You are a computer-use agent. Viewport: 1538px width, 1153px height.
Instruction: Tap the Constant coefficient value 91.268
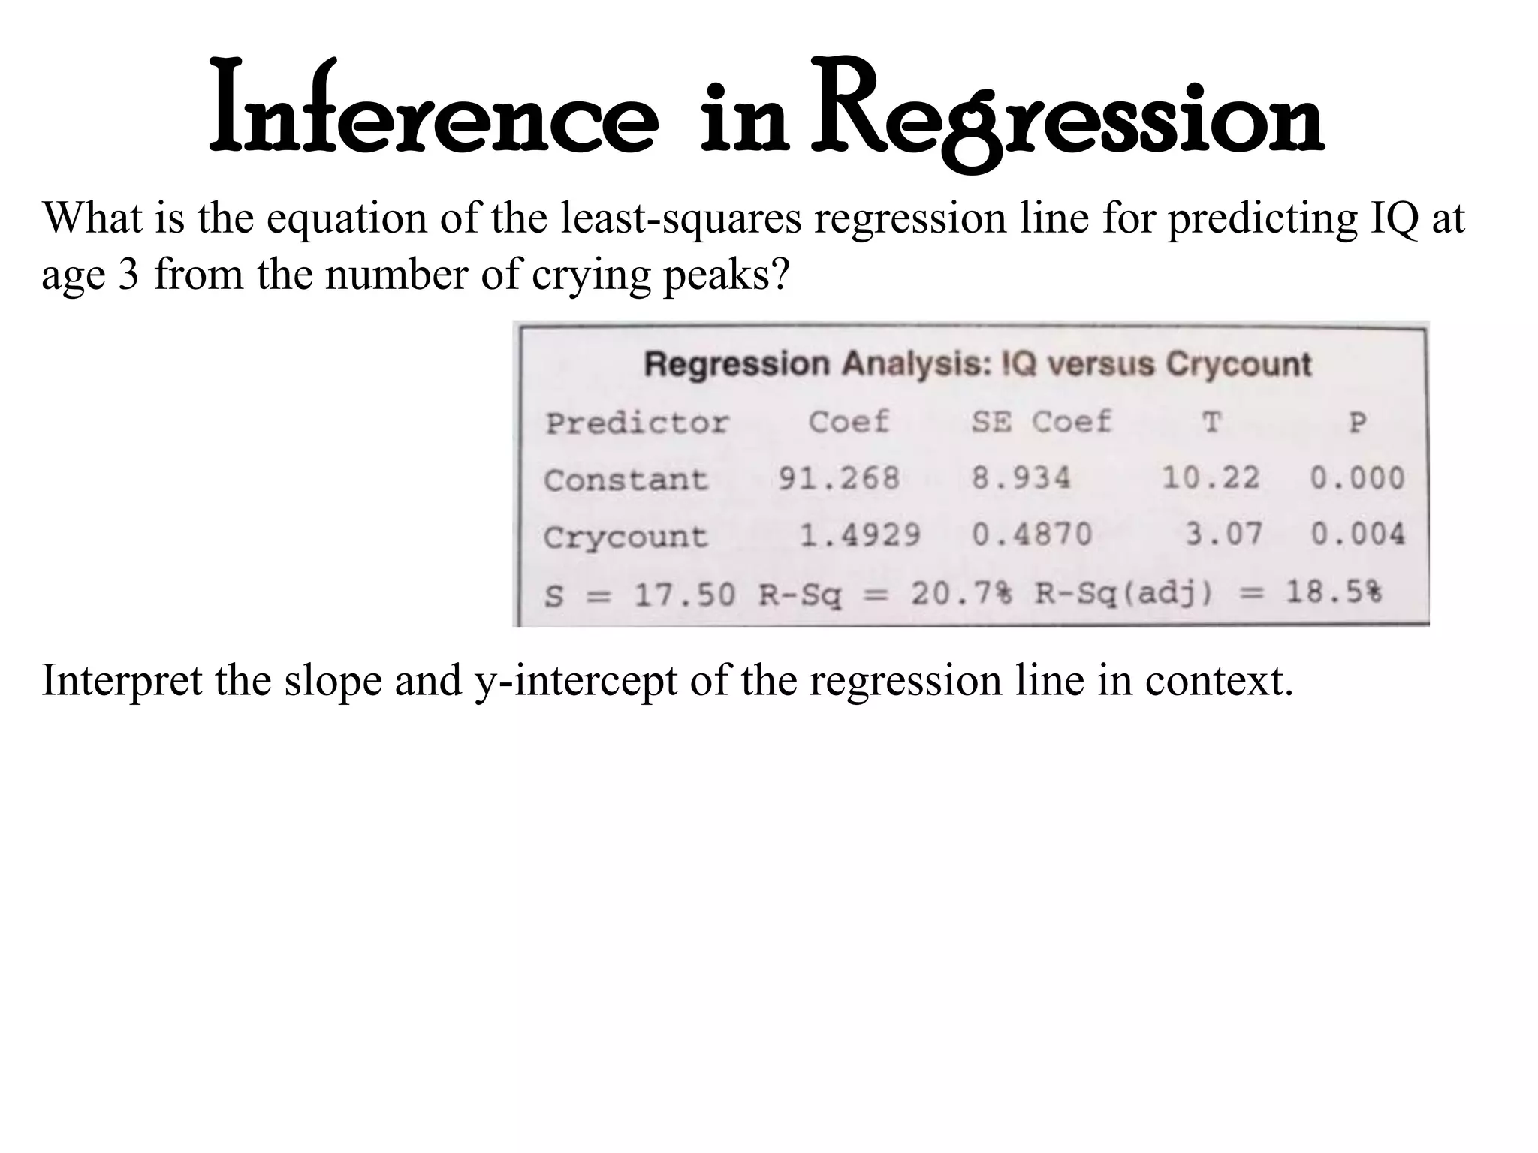click(838, 478)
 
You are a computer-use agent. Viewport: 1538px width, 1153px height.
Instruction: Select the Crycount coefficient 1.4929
click(859, 535)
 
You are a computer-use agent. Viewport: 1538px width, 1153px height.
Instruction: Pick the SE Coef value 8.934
click(1021, 478)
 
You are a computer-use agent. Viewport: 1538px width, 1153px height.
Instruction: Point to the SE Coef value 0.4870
click(1032, 534)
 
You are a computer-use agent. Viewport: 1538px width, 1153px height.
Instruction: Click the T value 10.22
click(1210, 477)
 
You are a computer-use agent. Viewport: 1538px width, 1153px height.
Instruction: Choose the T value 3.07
click(1223, 534)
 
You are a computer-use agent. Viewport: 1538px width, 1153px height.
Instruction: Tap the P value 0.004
click(1357, 534)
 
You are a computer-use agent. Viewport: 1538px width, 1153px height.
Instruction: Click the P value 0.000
click(1357, 477)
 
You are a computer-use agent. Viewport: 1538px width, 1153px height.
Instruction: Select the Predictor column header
click(637, 423)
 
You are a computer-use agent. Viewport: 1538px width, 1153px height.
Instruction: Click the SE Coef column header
click(1041, 421)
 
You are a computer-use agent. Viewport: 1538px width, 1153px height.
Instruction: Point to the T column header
click(1211, 422)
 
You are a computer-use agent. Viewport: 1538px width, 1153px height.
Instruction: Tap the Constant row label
click(626, 480)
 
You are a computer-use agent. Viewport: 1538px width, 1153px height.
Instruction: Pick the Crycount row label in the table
click(626, 537)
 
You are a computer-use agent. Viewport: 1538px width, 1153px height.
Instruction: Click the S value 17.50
click(684, 595)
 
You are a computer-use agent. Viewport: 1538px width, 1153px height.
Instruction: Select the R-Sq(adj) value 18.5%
click(1333, 593)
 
